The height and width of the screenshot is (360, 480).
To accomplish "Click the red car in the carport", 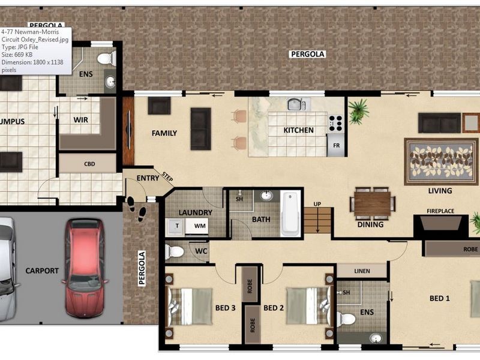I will point(83,268).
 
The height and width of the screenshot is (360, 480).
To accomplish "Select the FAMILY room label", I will point(164,133).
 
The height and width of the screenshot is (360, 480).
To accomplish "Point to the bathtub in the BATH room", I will point(290,212).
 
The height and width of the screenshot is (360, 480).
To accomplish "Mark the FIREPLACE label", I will point(440,211).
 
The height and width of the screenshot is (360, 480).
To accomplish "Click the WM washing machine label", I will point(199,226).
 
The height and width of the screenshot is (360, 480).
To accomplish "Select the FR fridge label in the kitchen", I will point(336,145).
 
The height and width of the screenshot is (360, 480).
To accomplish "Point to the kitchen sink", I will point(295,104).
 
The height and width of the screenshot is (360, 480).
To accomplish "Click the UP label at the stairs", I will point(317,205).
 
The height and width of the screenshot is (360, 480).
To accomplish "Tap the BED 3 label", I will point(225,308).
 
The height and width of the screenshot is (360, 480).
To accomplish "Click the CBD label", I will point(89,163).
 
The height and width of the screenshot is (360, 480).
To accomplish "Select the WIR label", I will point(81,120).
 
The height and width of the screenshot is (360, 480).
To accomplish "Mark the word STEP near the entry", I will point(167,176).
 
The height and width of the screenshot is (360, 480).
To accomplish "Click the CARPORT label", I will point(42,271).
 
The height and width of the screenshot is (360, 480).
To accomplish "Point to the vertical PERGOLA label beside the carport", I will point(143,269).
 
